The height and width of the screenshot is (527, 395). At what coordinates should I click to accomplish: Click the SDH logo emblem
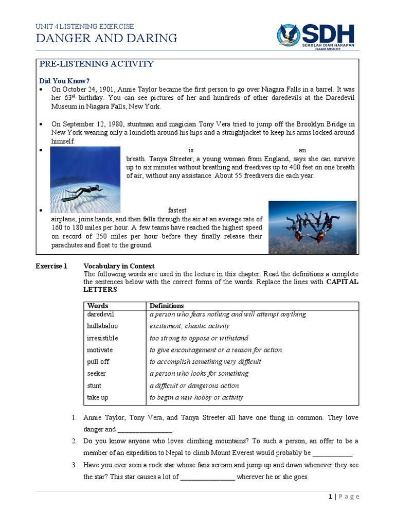[289, 34]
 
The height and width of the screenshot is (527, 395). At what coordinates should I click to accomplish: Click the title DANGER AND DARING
[106, 38]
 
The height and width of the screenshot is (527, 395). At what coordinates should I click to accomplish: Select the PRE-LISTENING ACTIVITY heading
[97, 64]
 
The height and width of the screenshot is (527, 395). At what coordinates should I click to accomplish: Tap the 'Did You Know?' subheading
[65, 81]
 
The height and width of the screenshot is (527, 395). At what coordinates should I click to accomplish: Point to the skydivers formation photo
[312, 227]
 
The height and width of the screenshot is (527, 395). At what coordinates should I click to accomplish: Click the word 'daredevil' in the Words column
[100, 314]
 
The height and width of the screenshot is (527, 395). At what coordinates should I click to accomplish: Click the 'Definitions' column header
[167, 306]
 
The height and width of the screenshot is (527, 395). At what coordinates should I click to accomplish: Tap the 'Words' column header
[98, 306]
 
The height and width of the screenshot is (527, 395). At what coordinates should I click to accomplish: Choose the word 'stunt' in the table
[94, 385]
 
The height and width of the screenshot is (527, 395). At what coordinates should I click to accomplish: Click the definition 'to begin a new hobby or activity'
[196, 397]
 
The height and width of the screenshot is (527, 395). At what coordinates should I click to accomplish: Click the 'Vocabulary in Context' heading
[119, 266]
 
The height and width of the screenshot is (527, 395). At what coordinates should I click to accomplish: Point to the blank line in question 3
[207, 477]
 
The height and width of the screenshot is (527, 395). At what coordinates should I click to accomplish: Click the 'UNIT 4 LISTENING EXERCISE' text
[84, 26]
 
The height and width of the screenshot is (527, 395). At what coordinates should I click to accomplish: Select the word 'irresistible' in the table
[102, 338]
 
